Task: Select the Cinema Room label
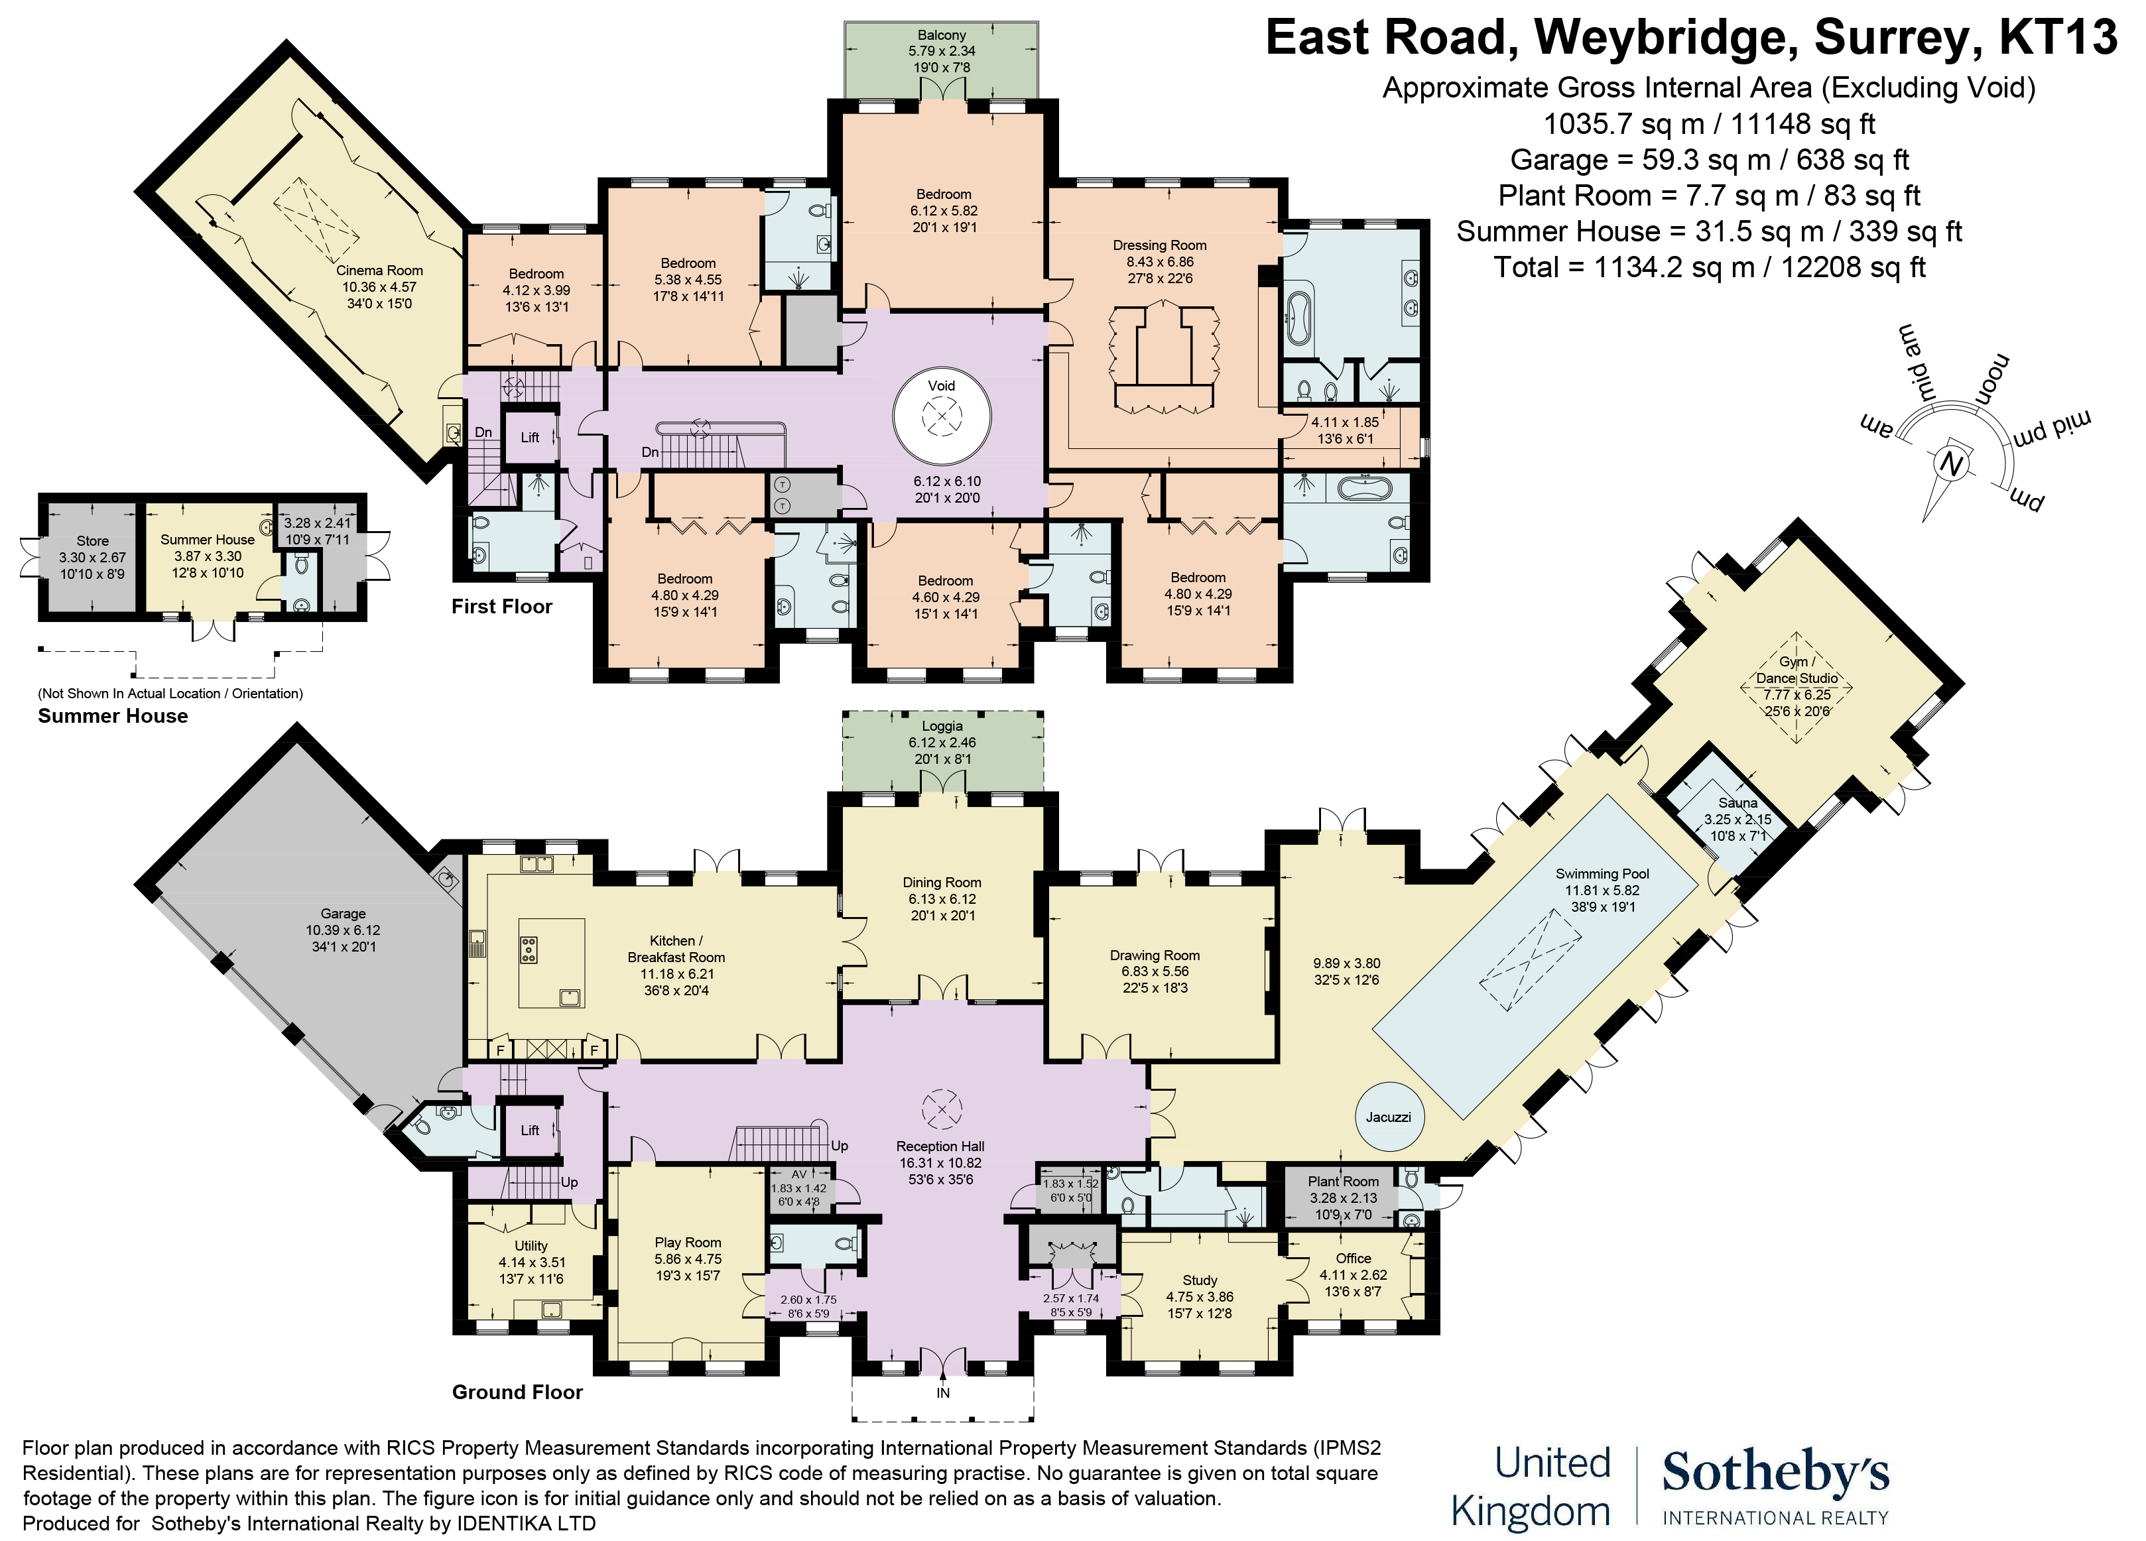pos(379,271)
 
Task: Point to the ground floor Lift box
pos(530,1129)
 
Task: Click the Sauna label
pos(1738,802)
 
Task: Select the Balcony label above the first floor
pos(942,35)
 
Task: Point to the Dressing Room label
pos(1159,245)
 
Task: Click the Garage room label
pos(343,914)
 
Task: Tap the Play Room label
pos(688,1242)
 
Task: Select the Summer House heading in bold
pos(113,716)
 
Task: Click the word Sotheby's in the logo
pos(1775,1473)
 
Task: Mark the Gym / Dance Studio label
pos(1796,670)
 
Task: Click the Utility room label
pos(531,1246)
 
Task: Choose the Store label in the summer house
pos(93,541)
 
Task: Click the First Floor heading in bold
pos(501,606)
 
